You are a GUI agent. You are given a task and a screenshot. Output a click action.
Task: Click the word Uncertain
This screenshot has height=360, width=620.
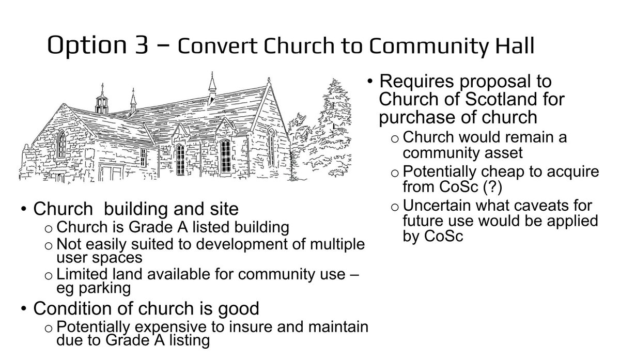pyautogui.click(x=433, y=206)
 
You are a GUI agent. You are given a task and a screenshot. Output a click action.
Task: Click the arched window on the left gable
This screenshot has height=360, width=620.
pyautogui.click(x=61, y=144)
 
